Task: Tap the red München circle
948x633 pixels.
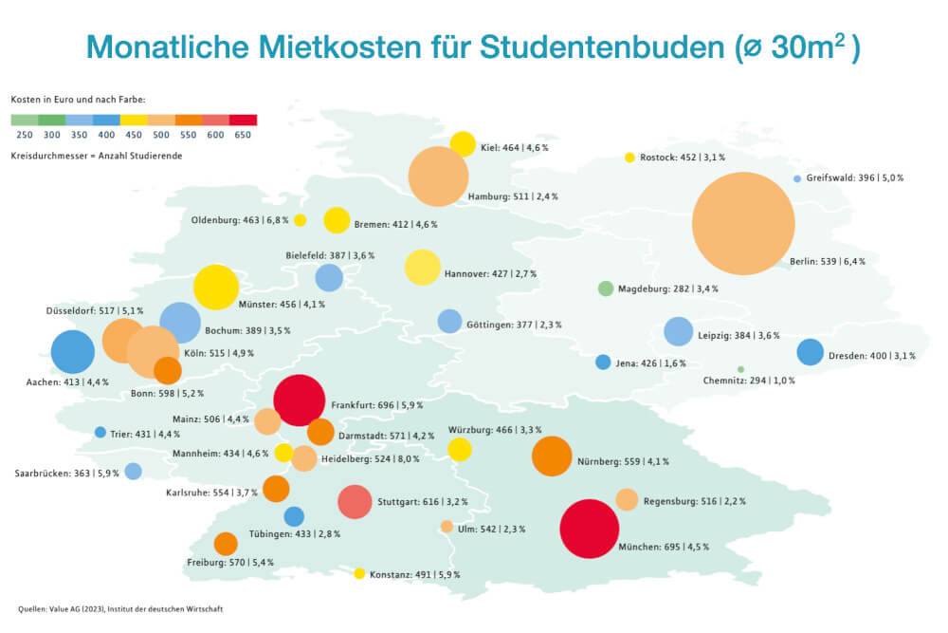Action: click(x=590, y=529)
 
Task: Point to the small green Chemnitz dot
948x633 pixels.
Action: click(x=740, y=369)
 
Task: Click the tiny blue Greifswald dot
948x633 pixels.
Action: click(x=797, y=178)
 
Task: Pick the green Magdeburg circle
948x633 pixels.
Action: click(x=606, y=289)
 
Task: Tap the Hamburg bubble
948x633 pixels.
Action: click(x=438, y=177)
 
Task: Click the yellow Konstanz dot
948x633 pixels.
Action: click(x=359, y=573)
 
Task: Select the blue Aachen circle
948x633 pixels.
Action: click(x=73, y=351)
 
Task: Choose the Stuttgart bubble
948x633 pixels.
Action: click(x=355, y=501)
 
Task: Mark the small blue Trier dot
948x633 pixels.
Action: click(x=100, y=433)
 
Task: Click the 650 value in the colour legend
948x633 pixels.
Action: click(x=243, y=136)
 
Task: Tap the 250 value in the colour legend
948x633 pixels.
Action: click(x=25, y=136)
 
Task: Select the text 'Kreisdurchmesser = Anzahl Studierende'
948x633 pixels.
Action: click(x=96, y=155)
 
